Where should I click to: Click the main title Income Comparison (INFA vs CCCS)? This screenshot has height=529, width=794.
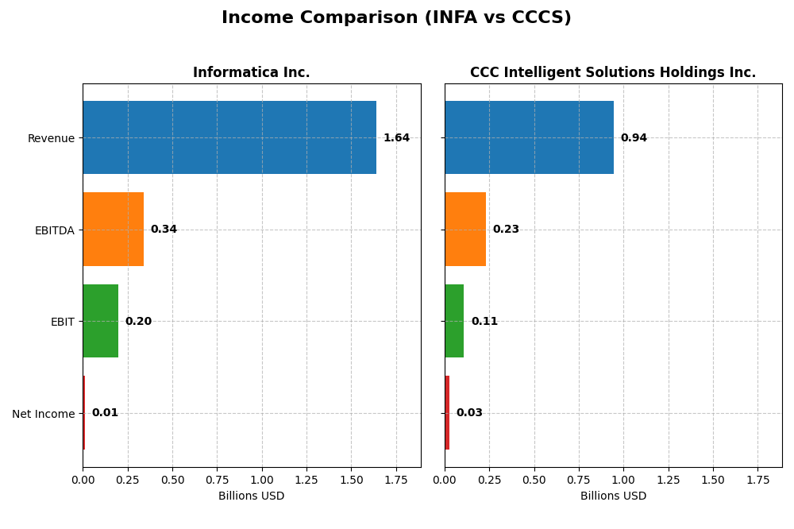pyautogui.click(x=396, y=17)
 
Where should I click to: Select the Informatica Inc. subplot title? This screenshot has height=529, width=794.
pyautogui.click(x=251, y=72)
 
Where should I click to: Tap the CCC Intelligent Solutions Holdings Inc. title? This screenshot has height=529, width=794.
pyautogui.click(x=612, y=72)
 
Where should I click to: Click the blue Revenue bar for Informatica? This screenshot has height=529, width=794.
pyautogui.click(x=229, y=137)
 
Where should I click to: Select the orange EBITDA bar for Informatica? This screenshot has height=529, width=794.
pyautogui.click(x=113, y=230)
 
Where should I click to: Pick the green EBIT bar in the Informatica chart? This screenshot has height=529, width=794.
pyautogui.click(x=100, y=321)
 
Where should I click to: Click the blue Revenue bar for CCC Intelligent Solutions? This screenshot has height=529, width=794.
pyautogui.click(x=529, y=137)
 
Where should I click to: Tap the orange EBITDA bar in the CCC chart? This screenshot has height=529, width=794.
pyautogui.click(x=465, y=230)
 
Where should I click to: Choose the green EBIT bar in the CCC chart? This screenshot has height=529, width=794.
pyautogui.click(x=454, y=321)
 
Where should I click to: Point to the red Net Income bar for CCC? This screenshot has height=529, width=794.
pyautogui.click(x=447, y=413)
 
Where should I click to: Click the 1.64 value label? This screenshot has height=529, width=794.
pyautogui.click(x=396, y=138)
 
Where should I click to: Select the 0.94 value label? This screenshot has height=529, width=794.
pyautogui.click(x=634, y=138)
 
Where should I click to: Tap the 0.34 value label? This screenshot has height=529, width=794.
pyautogui.click(x=164, y=230)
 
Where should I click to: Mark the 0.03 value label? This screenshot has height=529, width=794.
pyautogui.click(x=469, y=413)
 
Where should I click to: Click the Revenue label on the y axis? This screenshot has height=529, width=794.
pyautogui.click(x=51, y=138)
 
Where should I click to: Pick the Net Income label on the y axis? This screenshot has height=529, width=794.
pyautogui.click(x=43, y=414)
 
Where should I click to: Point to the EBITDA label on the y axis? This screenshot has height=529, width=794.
pyautogui.click(x=54, y=230)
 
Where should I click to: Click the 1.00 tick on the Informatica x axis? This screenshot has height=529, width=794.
pyautogui.click(x=262, y=480)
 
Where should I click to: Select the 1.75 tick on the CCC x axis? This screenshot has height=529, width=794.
pyautogui.click(x=757, y=480)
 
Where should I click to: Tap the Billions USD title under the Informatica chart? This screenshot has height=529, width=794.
pyautogui.click(x=251, y=496)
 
